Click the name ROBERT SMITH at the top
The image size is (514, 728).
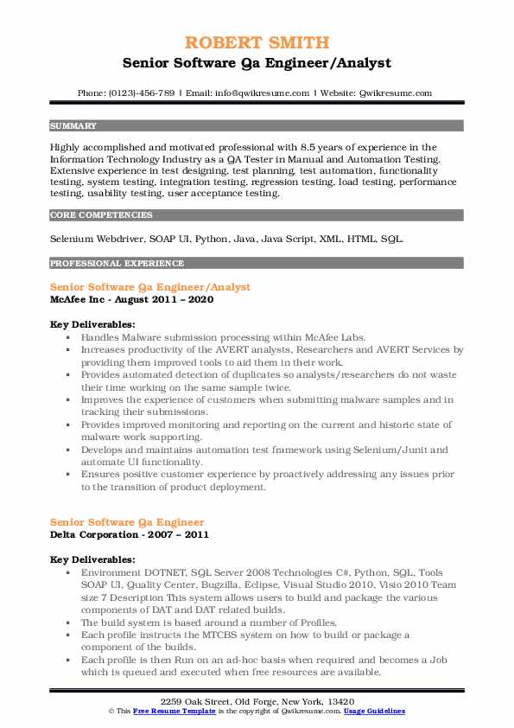point(257,43)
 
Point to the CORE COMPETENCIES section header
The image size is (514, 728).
point(101,214)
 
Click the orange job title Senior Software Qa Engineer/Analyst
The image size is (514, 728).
point(150,286)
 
